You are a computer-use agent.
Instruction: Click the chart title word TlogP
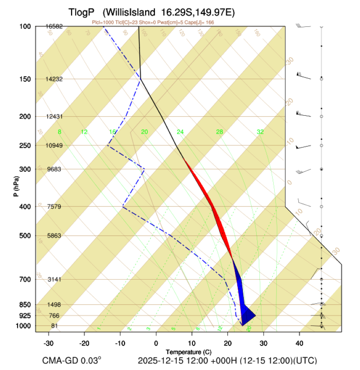[82, 12]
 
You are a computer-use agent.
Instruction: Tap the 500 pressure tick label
[25, 236]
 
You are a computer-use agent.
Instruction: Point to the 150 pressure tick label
[25, 79]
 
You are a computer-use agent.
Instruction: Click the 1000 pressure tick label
[24, 326]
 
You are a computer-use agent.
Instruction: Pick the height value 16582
[54, 26]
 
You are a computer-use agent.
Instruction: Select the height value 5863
[54, 236]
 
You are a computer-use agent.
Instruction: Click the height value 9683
[54, 169]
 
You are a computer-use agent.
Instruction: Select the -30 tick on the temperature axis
[49, 343]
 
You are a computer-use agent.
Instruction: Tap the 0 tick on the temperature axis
[156, 343]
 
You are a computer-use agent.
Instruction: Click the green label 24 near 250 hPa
[180, 132]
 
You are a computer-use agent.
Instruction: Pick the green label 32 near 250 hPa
[260, 132]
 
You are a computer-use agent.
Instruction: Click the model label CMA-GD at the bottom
[60, 360]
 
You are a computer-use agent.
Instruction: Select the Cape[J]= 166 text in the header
[201, 22]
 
